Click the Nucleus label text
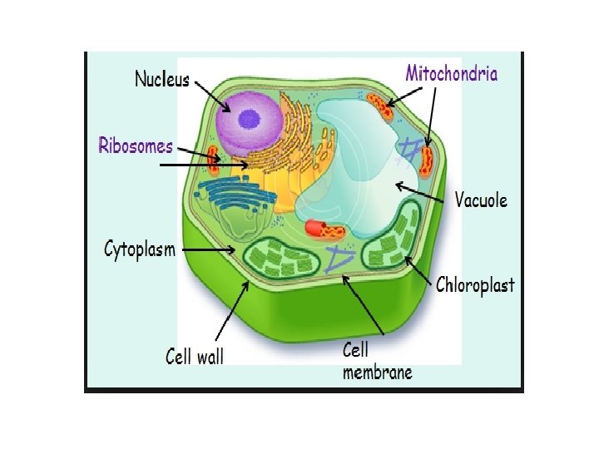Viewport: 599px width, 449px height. click(x=162, y=81)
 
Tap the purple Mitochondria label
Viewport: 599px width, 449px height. click(x=451, y=73)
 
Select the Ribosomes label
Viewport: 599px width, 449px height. click(x=136, y=146)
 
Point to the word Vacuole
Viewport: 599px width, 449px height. click(x=480, y=200)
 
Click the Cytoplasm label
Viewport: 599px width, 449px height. click(x=140, y=248)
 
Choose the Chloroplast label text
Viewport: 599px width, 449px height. click(x=475, y=285)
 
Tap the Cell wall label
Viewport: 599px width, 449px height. click(x=195, y=357)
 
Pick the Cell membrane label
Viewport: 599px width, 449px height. click(x=377, y=361)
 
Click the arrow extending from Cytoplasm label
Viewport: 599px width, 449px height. click(x=209, y=249)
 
